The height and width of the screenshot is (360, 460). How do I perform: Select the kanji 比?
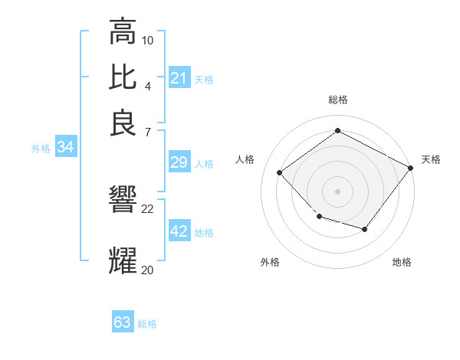click(x=123, y=77)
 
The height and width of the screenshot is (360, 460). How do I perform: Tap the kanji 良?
click(x=123, y=123)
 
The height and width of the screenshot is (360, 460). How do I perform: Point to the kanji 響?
click(x=123, y=200)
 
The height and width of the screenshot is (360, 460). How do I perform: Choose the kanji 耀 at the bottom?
click(x=123, y=260)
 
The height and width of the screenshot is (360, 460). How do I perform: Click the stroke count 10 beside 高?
click(x=148, y=40)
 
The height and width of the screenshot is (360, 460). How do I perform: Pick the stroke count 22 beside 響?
click(x=148, y=208)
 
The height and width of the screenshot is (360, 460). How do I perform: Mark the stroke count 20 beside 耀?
click(x=148, y=270)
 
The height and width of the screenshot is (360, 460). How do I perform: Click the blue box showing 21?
click(x=179, y=78)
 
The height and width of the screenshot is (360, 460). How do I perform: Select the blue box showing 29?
click(x=179, y=162)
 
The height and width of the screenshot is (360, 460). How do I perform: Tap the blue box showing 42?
click(x=179, y=231)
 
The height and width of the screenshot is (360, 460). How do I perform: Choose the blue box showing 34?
click(x=65, y=148)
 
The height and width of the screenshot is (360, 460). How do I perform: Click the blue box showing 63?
click(x=123, y=322)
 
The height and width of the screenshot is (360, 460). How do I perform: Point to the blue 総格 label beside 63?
click(x=147, y=324)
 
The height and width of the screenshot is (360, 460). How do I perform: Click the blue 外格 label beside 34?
click(x=41, y=149)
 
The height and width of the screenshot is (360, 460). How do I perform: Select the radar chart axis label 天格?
click(x=431, y=159)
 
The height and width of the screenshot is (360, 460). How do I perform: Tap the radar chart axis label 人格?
click(x=245, y=159)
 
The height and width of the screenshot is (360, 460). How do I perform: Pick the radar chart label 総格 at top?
click(x=337, y=100)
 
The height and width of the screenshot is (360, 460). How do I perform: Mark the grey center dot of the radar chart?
click(x=337, y=191)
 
